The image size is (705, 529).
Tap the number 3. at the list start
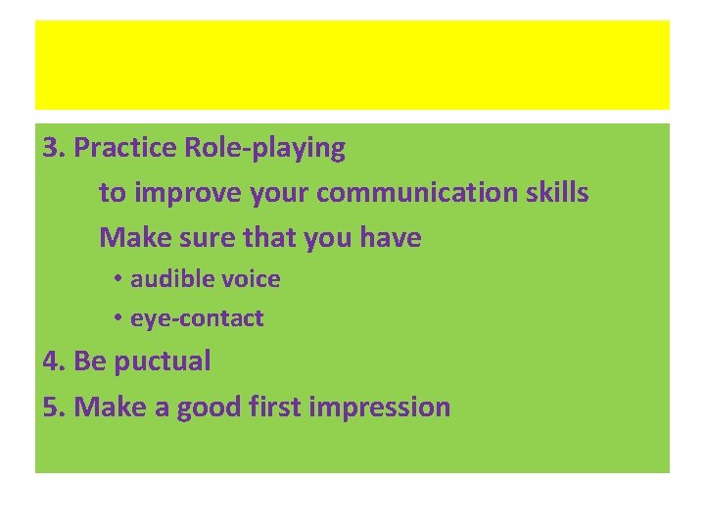point(54,149)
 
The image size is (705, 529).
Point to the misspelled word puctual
point(163,361)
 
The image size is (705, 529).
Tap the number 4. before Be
point(54,361)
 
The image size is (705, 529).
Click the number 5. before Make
point(54,407)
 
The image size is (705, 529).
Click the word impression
point(380,407)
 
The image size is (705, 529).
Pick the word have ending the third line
point(391,237)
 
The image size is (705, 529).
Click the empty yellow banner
point(352,65)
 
